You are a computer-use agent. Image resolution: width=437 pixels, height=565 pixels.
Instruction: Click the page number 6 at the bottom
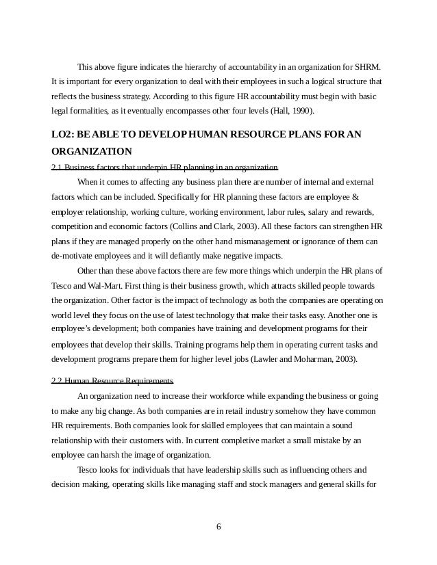point(218,527)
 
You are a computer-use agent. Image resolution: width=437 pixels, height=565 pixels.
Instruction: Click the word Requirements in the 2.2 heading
point(151,380)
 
